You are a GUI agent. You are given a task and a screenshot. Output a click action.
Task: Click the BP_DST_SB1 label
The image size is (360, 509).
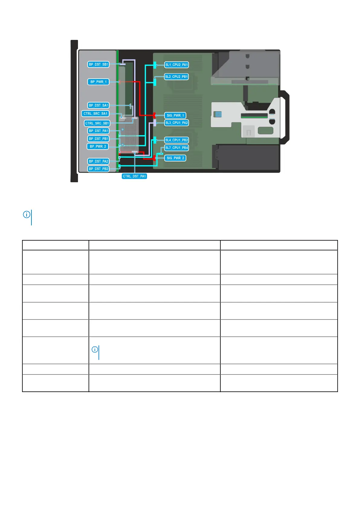[x=98, y=64]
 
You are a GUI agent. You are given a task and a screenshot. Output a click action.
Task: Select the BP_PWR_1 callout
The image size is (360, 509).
[x=98, y=82]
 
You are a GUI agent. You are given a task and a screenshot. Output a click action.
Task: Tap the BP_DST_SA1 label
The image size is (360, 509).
[x=98, y=105]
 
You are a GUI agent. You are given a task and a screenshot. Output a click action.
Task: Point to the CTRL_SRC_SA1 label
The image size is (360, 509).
[x=96, y=114]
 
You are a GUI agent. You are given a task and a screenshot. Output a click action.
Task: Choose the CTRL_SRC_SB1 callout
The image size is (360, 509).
[x=97, y=123]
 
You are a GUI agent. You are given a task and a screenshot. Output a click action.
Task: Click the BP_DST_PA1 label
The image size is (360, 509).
[x=98, y=131]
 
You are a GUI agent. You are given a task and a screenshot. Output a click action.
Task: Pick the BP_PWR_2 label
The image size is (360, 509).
[x=98, y=147]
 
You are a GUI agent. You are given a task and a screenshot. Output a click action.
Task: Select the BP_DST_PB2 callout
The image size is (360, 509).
[x=98, y=169]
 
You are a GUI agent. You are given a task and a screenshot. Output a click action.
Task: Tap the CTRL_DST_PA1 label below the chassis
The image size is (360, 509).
[x=134, y=176]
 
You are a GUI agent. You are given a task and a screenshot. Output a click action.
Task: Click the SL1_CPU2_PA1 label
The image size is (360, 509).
[x=177, y=65]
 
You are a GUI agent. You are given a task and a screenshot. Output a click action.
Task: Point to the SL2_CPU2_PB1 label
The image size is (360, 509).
[x=177, y=77]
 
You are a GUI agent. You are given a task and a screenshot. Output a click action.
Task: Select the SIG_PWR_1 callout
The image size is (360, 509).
[x=175, y=115]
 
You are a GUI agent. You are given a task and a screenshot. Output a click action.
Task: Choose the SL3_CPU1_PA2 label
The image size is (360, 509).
[x=177, y=123]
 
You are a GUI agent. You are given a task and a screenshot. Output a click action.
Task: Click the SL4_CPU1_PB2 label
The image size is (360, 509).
[x=177, y=140]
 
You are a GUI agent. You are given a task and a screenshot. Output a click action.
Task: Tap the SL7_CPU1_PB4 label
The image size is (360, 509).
[x=177, y=148]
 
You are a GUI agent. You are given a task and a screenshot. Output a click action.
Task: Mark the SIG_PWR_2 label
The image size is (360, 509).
[x=175, y=158]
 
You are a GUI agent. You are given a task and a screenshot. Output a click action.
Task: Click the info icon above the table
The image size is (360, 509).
[x=27, y=215]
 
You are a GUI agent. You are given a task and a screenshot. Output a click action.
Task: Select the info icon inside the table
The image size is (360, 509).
[x=95, y=350]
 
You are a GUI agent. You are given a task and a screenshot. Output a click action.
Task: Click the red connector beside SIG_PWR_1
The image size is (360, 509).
[x=154, y=115]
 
